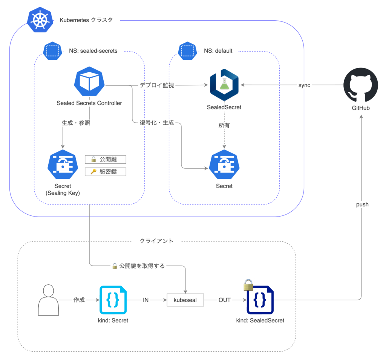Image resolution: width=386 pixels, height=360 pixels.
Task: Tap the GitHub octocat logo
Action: coord(361,85)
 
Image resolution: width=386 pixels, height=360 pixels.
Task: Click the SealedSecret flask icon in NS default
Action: coord(224,85)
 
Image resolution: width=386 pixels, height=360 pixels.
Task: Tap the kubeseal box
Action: coord(185,300)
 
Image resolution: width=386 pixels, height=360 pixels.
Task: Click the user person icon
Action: coord(49,300)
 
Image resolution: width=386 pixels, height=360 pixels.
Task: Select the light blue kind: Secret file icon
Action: coord(113,300)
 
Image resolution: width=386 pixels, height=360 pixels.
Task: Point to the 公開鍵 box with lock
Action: coord(105,159)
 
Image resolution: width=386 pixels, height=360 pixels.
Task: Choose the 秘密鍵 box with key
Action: coord(105,172)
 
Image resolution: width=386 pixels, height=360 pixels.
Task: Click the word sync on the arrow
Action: coord(304,85)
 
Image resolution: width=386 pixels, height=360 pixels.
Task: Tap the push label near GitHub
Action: coord(362,204)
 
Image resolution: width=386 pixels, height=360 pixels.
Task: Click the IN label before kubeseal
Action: coord(145,300)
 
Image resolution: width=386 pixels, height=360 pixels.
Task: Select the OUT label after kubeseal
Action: coord(225,300)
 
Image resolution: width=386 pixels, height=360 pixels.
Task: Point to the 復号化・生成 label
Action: coord(157,122)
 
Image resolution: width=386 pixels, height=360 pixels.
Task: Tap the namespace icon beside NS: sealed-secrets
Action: coord(52,50)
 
